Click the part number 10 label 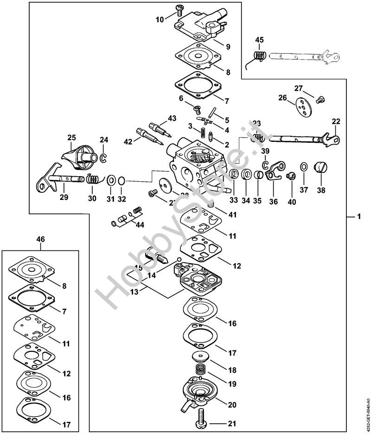click(160, 20)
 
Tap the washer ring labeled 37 click(303, 167)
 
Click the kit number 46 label click(41, 239)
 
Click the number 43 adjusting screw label click(172, 118)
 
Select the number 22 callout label click(336, 121)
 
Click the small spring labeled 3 click(203, 133)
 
